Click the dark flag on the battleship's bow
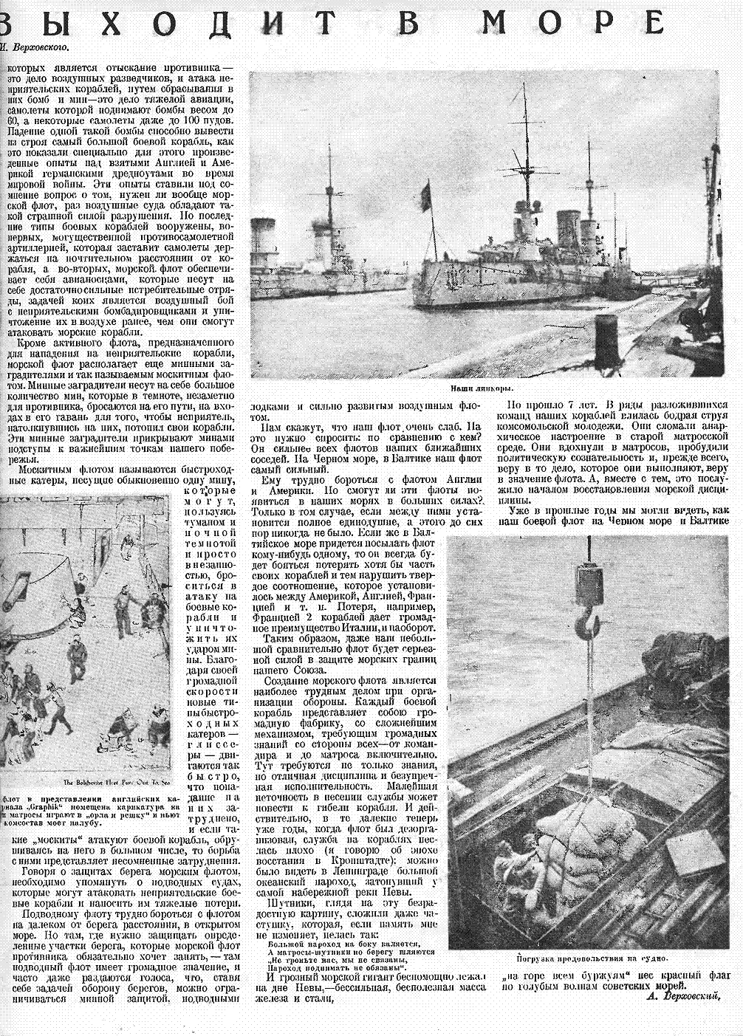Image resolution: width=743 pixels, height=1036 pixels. (425, 196)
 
